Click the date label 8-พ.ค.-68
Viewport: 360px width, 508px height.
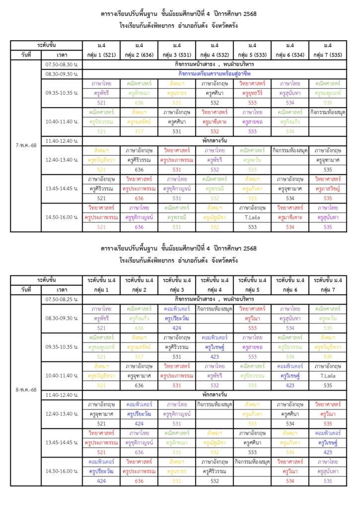pyautogui.click(x=26, y=390)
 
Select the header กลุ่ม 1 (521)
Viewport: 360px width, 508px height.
pyautogui.click(x=101, y=54)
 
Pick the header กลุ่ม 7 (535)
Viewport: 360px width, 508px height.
pyautogui.click(x=328, y=54)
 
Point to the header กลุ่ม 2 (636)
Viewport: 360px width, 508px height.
pyautogui.click(x=139, y=54)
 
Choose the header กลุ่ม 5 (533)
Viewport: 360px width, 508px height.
pyautogui.click(x=252, y=54)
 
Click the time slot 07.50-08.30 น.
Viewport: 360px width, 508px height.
pyautogui.click(x=62, y=64)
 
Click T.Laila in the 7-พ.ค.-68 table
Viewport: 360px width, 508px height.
pyautogui.click(x=252, y=217)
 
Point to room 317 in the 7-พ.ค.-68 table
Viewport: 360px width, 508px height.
pyautogui.click(x=139, y=131)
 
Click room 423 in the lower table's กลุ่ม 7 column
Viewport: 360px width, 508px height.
pyautogui.click(x=328, y=452)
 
